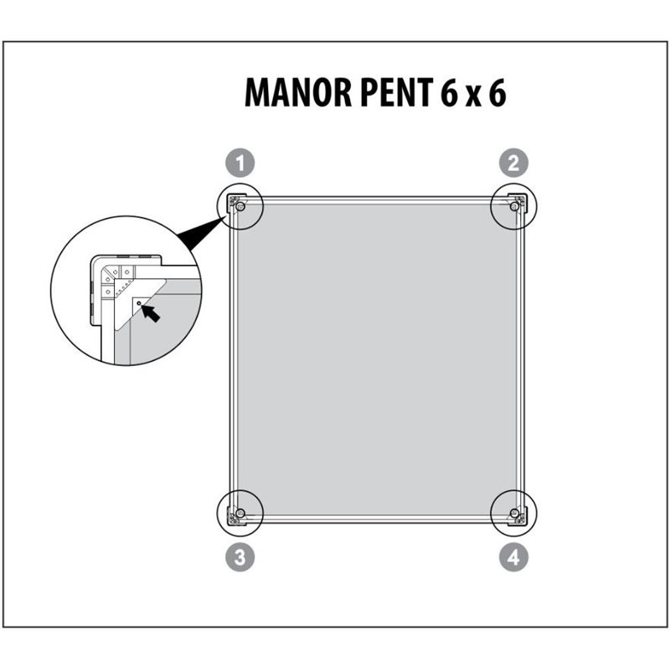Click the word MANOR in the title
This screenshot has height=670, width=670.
click(297, 92)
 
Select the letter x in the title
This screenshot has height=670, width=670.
click(474, 96)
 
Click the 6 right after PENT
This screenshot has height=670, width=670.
click(449, 92)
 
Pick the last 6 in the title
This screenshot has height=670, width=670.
click(497, 92)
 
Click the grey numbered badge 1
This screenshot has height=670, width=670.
click(240, 162)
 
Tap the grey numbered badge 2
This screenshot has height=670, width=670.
click(513, 162)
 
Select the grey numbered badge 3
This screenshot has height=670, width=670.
click(240, 557)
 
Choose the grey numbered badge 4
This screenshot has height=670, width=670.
click(513, 557)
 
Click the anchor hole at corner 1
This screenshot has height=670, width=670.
click(240, 207)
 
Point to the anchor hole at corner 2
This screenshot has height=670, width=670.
click(514, 207)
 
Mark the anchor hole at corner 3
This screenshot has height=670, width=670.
click(240, 513)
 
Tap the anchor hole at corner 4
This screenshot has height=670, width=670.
click(514, 513)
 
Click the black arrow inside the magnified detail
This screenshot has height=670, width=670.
click(151, 312)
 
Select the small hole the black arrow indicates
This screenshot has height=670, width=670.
click(139, 303)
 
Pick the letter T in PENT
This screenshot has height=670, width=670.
click(425, 92)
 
